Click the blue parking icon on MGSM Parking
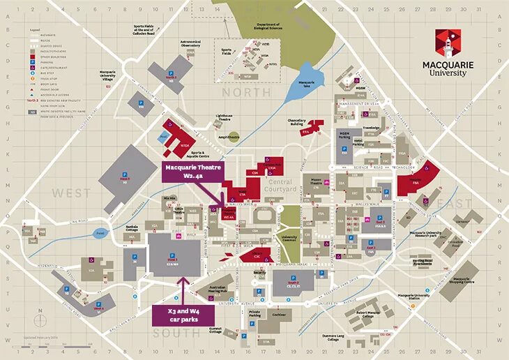coord(345,141)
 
